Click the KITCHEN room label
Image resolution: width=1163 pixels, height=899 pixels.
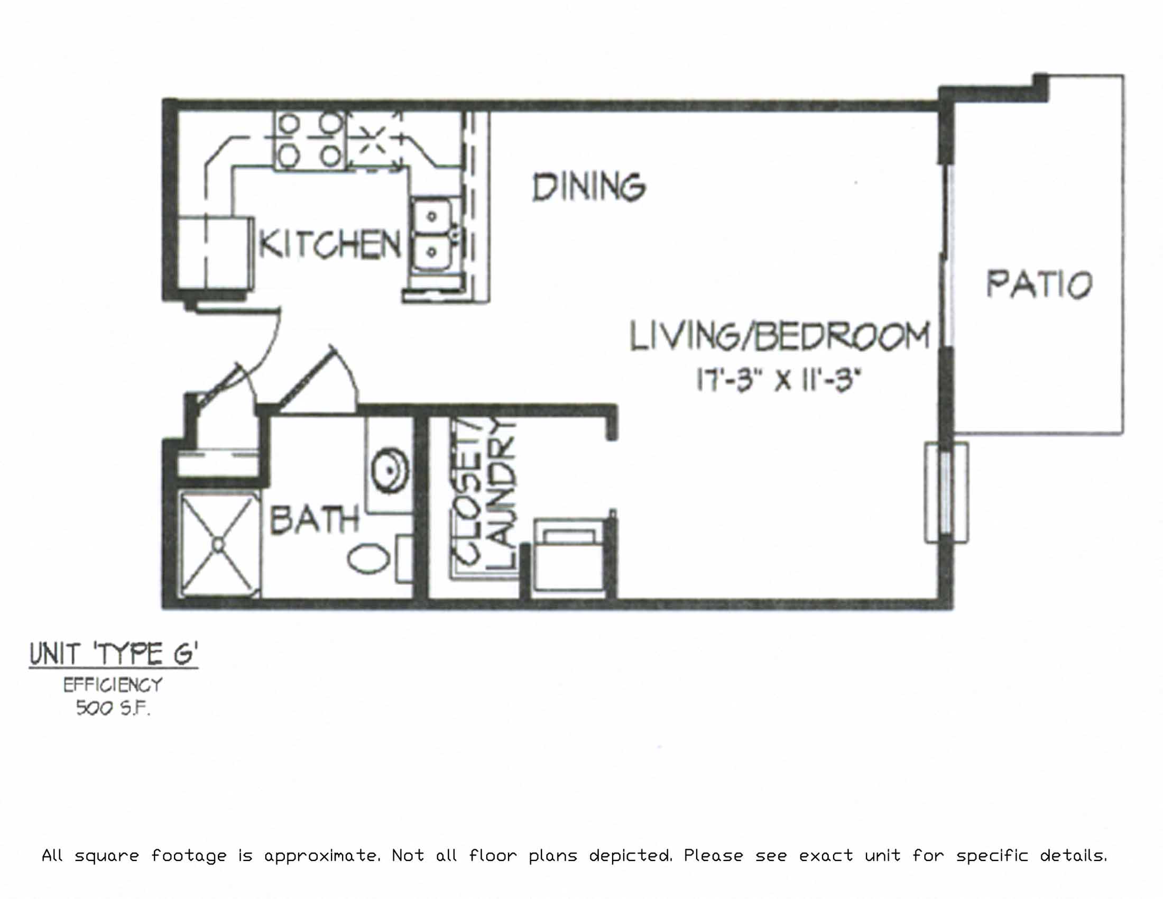(x=330, y=244)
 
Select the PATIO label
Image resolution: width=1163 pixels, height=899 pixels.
(x=1039, y=285)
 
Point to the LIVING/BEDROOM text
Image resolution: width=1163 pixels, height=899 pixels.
(x=780, y=336)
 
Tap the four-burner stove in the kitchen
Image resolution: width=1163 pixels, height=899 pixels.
(x=310, y=141)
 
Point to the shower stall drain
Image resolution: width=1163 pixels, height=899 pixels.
(x=218, y=544)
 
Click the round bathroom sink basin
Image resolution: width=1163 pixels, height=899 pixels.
(x=390, y=471)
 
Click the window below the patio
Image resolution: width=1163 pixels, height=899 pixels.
(x=946, y=493)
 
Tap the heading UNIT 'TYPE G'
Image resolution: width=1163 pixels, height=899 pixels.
(x=114, y=654)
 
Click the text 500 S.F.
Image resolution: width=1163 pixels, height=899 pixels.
(x=113, y=708)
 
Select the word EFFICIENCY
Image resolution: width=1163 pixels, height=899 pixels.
(x=113, y=684)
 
